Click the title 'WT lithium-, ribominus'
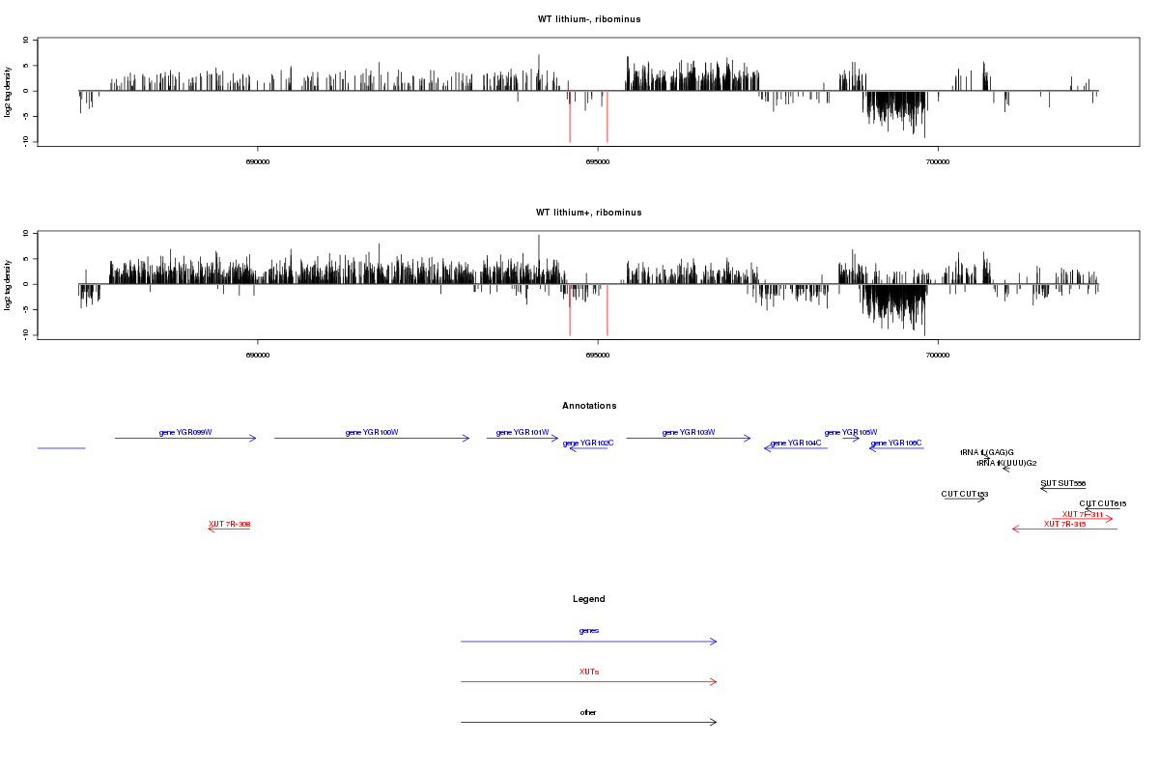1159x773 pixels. (588, 19)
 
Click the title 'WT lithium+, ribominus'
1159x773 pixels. (588, 213)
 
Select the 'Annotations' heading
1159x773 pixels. (589, 406)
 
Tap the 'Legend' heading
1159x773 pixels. (589, 599)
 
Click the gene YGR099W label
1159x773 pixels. (185, 432)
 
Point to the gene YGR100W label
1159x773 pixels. (372, 432)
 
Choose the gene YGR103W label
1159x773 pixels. (689, 432)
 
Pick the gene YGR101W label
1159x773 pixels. (523, 432)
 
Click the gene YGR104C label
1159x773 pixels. (796, 443)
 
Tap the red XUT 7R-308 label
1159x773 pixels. (230, 524)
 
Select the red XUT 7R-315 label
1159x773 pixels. (1064, 524)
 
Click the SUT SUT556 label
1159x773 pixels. (1062, 483)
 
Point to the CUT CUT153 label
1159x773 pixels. (964, 494)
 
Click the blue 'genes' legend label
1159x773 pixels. (589, 631)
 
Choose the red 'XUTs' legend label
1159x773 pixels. (589, 672)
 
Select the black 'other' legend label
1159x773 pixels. (589, 712)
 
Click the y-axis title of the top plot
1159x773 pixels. (9, 92)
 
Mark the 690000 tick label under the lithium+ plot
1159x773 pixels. (258, 356)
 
